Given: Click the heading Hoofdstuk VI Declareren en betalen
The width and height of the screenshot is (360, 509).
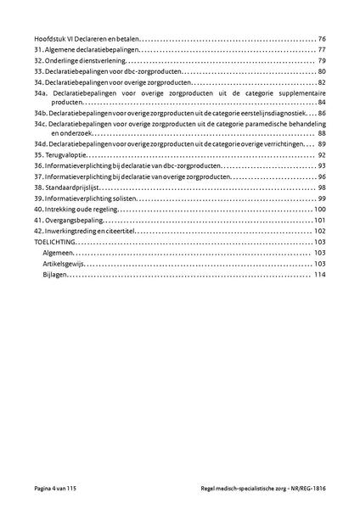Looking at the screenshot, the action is (86, 40).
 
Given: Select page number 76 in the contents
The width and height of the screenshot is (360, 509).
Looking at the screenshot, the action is (321, 40).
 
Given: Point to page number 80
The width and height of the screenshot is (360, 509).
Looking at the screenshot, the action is (321, 73).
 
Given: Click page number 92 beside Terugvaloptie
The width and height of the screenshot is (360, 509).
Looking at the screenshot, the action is (321, 156).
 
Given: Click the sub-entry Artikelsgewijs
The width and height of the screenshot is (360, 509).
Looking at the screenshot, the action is (64, 264).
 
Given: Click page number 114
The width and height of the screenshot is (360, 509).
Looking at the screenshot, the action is (319, 275).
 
